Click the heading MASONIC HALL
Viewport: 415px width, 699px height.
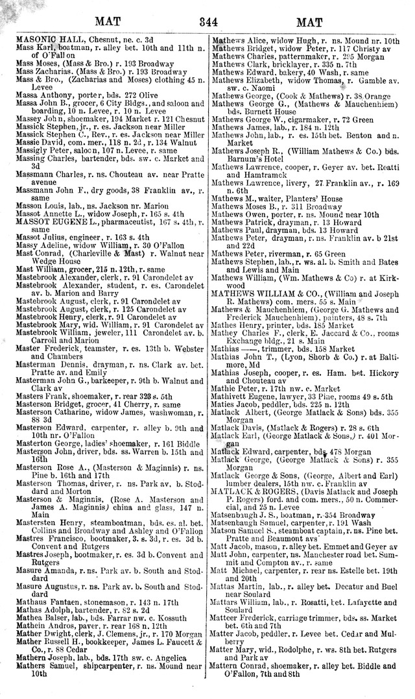pos(43,40)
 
